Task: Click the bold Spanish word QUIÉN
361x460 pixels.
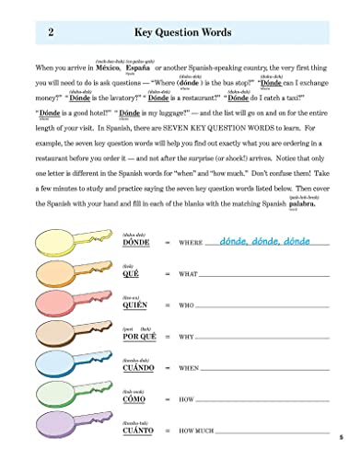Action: click(136, 306)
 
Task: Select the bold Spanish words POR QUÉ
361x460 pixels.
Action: click(139, 338)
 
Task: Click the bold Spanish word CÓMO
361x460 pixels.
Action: click(135, 400)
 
